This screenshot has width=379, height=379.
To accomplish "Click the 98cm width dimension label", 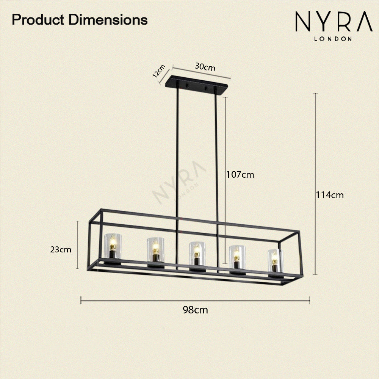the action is tap(195, 310).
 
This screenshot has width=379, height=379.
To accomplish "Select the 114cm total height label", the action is tap(330, 195).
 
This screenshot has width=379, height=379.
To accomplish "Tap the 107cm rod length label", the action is tap(240, 174).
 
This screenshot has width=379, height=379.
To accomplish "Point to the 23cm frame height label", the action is tap(61, 249).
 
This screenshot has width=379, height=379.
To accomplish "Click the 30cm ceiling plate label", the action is tap(205, 67).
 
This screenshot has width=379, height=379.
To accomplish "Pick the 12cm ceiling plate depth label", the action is tap(159, 71).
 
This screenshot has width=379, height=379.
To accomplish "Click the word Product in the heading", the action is tap(38, 20).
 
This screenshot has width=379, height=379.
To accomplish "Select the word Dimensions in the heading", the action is tap(108, 20).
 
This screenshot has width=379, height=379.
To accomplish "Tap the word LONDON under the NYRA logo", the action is tap(333, 39).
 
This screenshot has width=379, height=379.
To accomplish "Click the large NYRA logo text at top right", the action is tap(334, 21).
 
